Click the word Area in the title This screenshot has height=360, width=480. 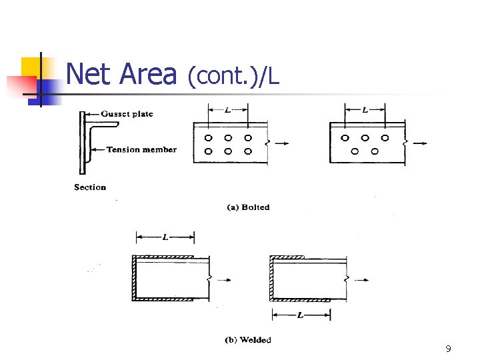click(x=148, y=74)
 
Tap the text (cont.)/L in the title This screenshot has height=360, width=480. click(x=233, y=77)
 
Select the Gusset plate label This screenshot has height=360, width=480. click(x=127, y=114)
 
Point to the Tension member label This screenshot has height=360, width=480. click(x=141, y=149)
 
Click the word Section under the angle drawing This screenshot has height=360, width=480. click(x=90, y=187)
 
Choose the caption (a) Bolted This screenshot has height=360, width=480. click(x=249, y=207)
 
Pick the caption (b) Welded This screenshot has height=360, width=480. click(x=248, y=340)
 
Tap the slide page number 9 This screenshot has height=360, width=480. click(x=448, y=349)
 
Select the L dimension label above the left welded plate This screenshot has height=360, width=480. click(x=165, y=237)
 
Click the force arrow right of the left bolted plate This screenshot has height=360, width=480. click(x=282, y=143)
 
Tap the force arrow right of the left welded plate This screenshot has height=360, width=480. click(x=225, y=280)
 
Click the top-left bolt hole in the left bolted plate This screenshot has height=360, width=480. click(x=208, y=138)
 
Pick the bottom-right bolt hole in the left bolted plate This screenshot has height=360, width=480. click(x=248, y=151)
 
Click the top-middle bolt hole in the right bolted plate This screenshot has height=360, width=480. click(x=365, y=138)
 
